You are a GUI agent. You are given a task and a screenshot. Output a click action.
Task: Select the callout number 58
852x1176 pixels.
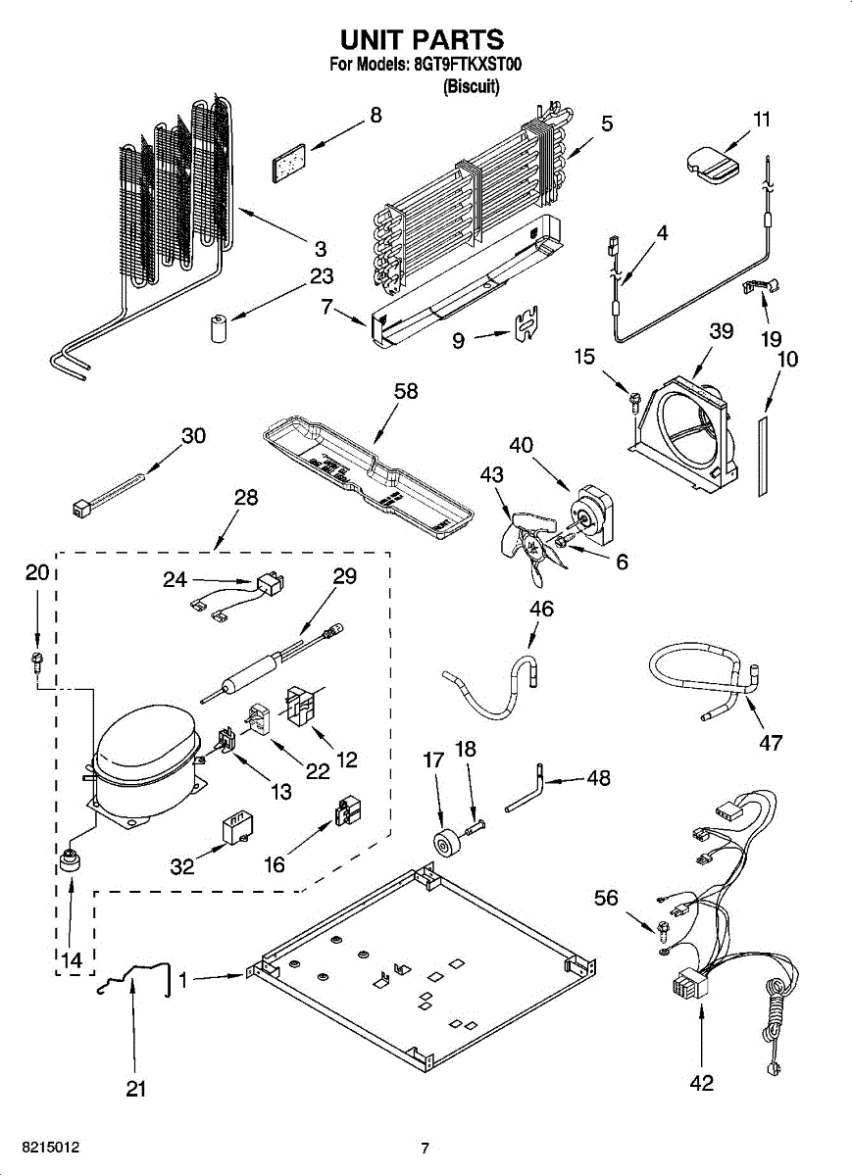pos(406,391)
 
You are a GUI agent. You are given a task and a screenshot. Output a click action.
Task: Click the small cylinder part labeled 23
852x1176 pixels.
pos(218,328)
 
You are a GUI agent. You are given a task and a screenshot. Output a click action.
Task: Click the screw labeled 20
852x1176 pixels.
pos(37,663)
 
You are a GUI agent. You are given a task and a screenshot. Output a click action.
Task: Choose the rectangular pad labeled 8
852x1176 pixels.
pos(289,163)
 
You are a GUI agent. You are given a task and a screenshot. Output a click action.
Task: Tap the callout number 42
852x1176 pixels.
pos(702,1083)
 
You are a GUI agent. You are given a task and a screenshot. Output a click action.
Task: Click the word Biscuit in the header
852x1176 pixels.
pos(472,85)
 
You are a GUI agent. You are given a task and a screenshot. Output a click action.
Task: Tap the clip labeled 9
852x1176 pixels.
pos(526,323)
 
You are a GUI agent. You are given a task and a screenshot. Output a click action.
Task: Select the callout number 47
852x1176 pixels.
pos(771,743)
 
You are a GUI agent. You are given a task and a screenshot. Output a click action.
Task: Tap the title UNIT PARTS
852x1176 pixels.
pos(422,39)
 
